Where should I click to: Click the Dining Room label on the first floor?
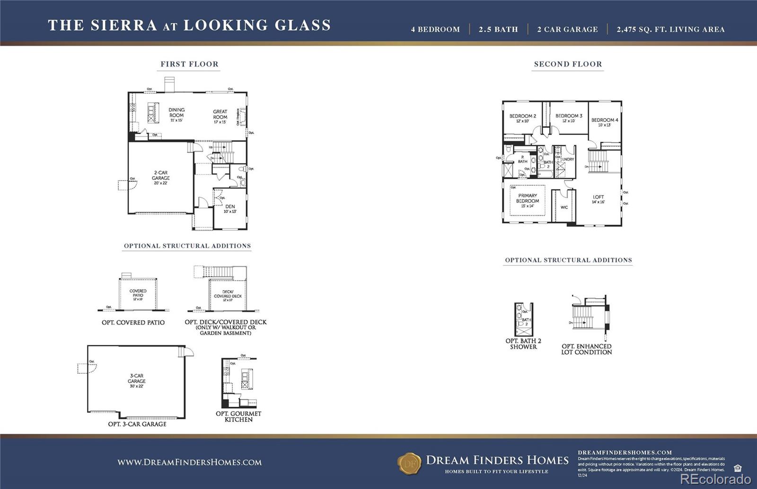pos(176,112)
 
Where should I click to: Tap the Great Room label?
pos(220,114)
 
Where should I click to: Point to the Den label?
pos(230,207)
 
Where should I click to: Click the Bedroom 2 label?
pos(522,116)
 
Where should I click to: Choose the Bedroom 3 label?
pos(569,116)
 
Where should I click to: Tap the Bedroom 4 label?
pos(604,120)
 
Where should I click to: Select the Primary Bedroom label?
pos(528,198)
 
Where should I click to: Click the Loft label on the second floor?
pos(598,197)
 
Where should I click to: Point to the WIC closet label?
pos(564,207)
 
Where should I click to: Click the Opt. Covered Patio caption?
pos(133,323)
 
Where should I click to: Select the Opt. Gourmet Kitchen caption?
pos(238,416)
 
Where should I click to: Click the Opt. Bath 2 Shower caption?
pos(523,343)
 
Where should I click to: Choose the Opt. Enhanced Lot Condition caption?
pos(587,349)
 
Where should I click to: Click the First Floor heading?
pos(189,64)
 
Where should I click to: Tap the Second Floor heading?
pos(568,64)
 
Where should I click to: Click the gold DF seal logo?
pos(409,463)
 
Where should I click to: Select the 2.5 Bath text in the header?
pos(498,29)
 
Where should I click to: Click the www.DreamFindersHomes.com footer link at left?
pos(189,463)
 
